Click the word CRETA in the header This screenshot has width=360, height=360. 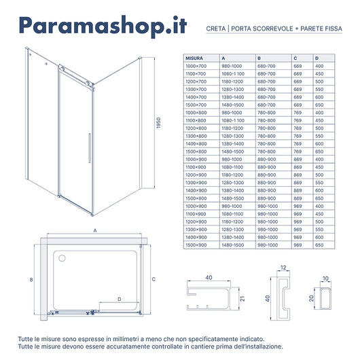[216, 30]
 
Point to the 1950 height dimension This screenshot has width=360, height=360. [157, 128]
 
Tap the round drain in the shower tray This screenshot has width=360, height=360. [63, 258]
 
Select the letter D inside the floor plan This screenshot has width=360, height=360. [120, 298]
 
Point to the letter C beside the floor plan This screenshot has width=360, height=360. [154, 279]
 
